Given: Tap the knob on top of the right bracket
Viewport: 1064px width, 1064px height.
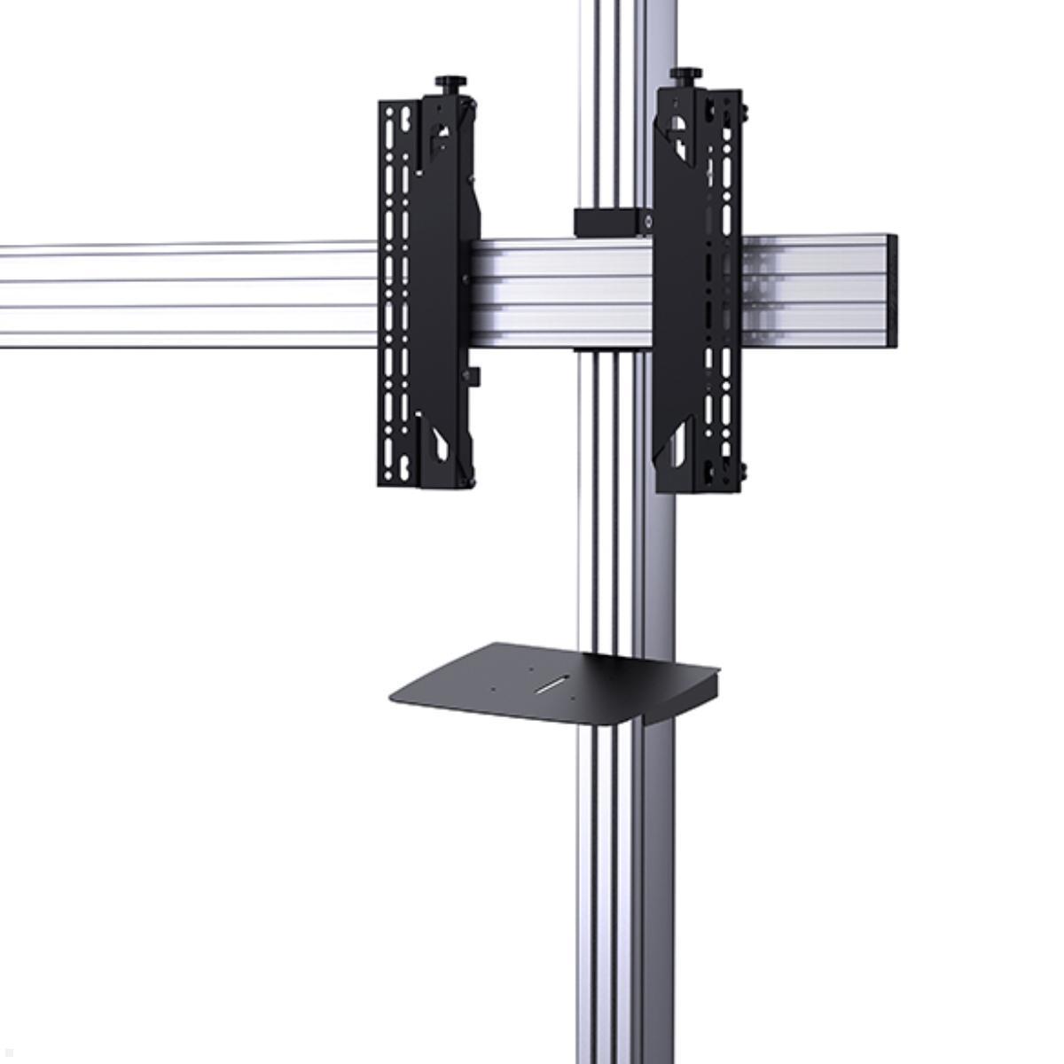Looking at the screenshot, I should pyautogui.click(x=685, y=74).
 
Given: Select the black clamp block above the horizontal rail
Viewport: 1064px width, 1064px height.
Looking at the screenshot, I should pyautogui.click(x=612, y=222).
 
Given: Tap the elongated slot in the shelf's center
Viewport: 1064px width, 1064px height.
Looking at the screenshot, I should pyautogui.click(x=553, y=684).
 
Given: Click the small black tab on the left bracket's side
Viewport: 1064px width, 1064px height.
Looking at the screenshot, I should pyautogui.click(x=474, y=376).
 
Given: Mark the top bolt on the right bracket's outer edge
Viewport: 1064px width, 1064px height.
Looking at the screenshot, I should pyautogui.click(x=743, y=111).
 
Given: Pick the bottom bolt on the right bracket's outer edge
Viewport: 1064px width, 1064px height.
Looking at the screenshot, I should pyautogui.click(x=742, y=471).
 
